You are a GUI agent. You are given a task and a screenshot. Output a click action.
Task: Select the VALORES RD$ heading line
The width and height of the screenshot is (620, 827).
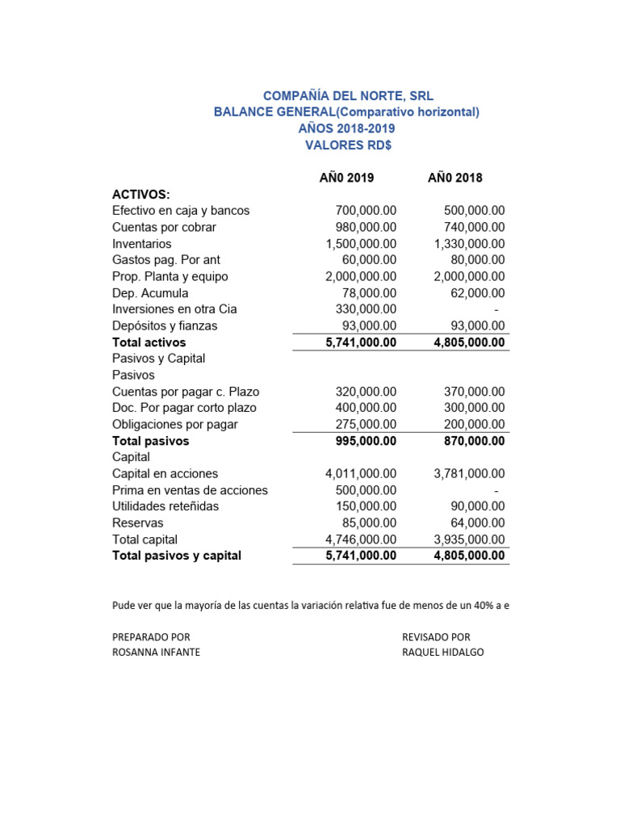[347, 145]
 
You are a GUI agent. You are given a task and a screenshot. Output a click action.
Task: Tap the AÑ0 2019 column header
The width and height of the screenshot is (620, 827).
[347, 178]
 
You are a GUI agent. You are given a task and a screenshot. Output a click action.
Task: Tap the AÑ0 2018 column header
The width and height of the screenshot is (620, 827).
[455, 178]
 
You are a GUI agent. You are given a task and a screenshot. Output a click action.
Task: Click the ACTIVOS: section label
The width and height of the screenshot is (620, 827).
[141, 194]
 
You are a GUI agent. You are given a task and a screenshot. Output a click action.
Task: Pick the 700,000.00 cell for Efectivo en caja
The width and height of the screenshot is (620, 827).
[366, 211]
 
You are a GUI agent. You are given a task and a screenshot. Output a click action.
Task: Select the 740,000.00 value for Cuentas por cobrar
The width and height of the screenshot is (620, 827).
[475, 227]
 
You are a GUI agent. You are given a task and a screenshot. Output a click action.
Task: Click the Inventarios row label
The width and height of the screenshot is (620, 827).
[142, 244]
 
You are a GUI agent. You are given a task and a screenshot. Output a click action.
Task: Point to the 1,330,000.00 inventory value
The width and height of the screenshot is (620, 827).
[469, 244]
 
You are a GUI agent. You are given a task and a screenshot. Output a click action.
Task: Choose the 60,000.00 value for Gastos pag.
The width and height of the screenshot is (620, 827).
[369, 260]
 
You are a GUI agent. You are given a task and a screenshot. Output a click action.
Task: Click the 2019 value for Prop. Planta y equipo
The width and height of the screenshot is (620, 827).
[361, 276]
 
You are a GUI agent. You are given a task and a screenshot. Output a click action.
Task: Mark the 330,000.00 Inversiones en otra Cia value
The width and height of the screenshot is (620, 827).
[366, 309]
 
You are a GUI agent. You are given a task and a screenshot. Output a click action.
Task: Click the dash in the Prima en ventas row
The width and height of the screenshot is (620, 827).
[496, 490]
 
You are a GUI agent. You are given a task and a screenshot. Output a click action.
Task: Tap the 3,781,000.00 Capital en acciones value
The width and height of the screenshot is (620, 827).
[469, 474]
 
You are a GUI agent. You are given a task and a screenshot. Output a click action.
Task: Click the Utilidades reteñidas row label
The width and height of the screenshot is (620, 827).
[165, 506]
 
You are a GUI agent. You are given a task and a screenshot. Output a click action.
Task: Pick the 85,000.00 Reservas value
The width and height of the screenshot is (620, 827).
[369, 523]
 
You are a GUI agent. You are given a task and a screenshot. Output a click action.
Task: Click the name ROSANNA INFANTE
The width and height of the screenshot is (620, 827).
[156, 653]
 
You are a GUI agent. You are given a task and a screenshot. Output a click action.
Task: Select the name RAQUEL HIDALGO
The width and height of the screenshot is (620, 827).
[443, 653]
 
